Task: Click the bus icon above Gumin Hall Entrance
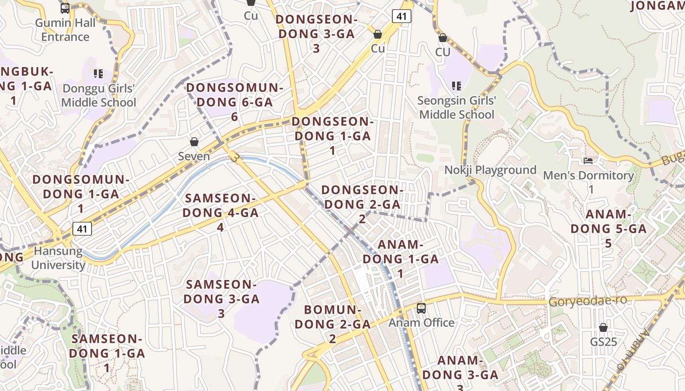(65, 8)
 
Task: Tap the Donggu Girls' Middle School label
(98, 95)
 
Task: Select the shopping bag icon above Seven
(194, 142)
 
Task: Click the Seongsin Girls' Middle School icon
(457, 86)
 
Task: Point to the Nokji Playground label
(490, 170)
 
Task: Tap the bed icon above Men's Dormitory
(588, 160)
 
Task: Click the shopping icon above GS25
(603, 327)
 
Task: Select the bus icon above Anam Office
(421, 308)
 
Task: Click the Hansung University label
(59, 258)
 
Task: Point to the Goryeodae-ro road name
(587, 300)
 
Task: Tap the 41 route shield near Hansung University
(82, 228)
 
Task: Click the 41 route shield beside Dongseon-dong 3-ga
(401, 16)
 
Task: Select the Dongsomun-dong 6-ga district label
(234, 102)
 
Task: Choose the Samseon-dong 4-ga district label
(220, 213)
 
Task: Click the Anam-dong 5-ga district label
(608, 228)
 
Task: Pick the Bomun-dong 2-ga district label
(332, 324)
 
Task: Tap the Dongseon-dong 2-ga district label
(362, 204)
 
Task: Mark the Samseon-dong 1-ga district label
(107, 353)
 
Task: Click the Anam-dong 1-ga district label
(400, 259)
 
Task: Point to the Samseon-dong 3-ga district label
(221, 299)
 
